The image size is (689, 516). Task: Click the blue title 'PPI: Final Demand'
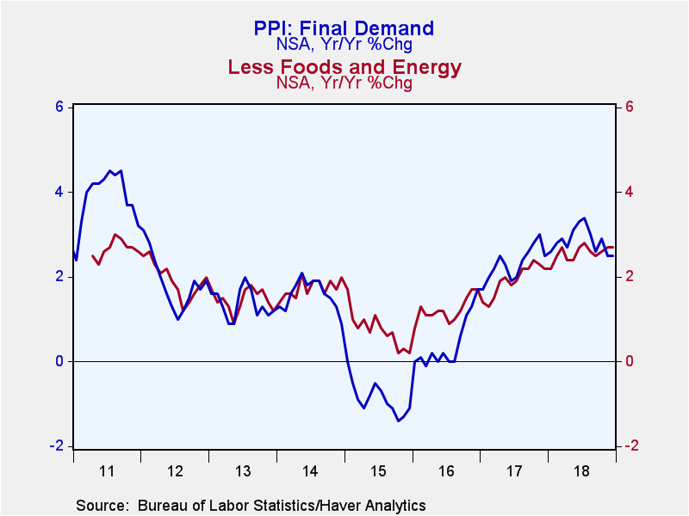point(344,28)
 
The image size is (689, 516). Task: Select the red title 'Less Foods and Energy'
point(344,67)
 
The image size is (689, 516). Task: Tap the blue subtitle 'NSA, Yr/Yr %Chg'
point(344,45)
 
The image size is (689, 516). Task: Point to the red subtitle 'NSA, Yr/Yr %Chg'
point(344,83)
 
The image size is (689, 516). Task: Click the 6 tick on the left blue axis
point(59,107)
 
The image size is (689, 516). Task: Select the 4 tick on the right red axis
point(630,192)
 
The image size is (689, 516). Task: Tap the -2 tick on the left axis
point(57,445)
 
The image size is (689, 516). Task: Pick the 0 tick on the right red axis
point(630,361)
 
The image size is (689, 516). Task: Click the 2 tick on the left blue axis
point(59,277)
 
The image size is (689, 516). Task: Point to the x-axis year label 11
point(107,471)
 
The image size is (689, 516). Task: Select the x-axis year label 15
point(378,471)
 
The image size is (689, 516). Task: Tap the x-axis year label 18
point(582,471)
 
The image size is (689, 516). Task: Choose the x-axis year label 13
point(243,471)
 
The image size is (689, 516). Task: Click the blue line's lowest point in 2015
point(398,421)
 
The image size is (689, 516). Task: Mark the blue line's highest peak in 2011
point(110,170)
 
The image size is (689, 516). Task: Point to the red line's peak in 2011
point(115,234)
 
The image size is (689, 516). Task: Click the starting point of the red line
point(92,255)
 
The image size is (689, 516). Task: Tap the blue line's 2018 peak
point(584,218)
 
